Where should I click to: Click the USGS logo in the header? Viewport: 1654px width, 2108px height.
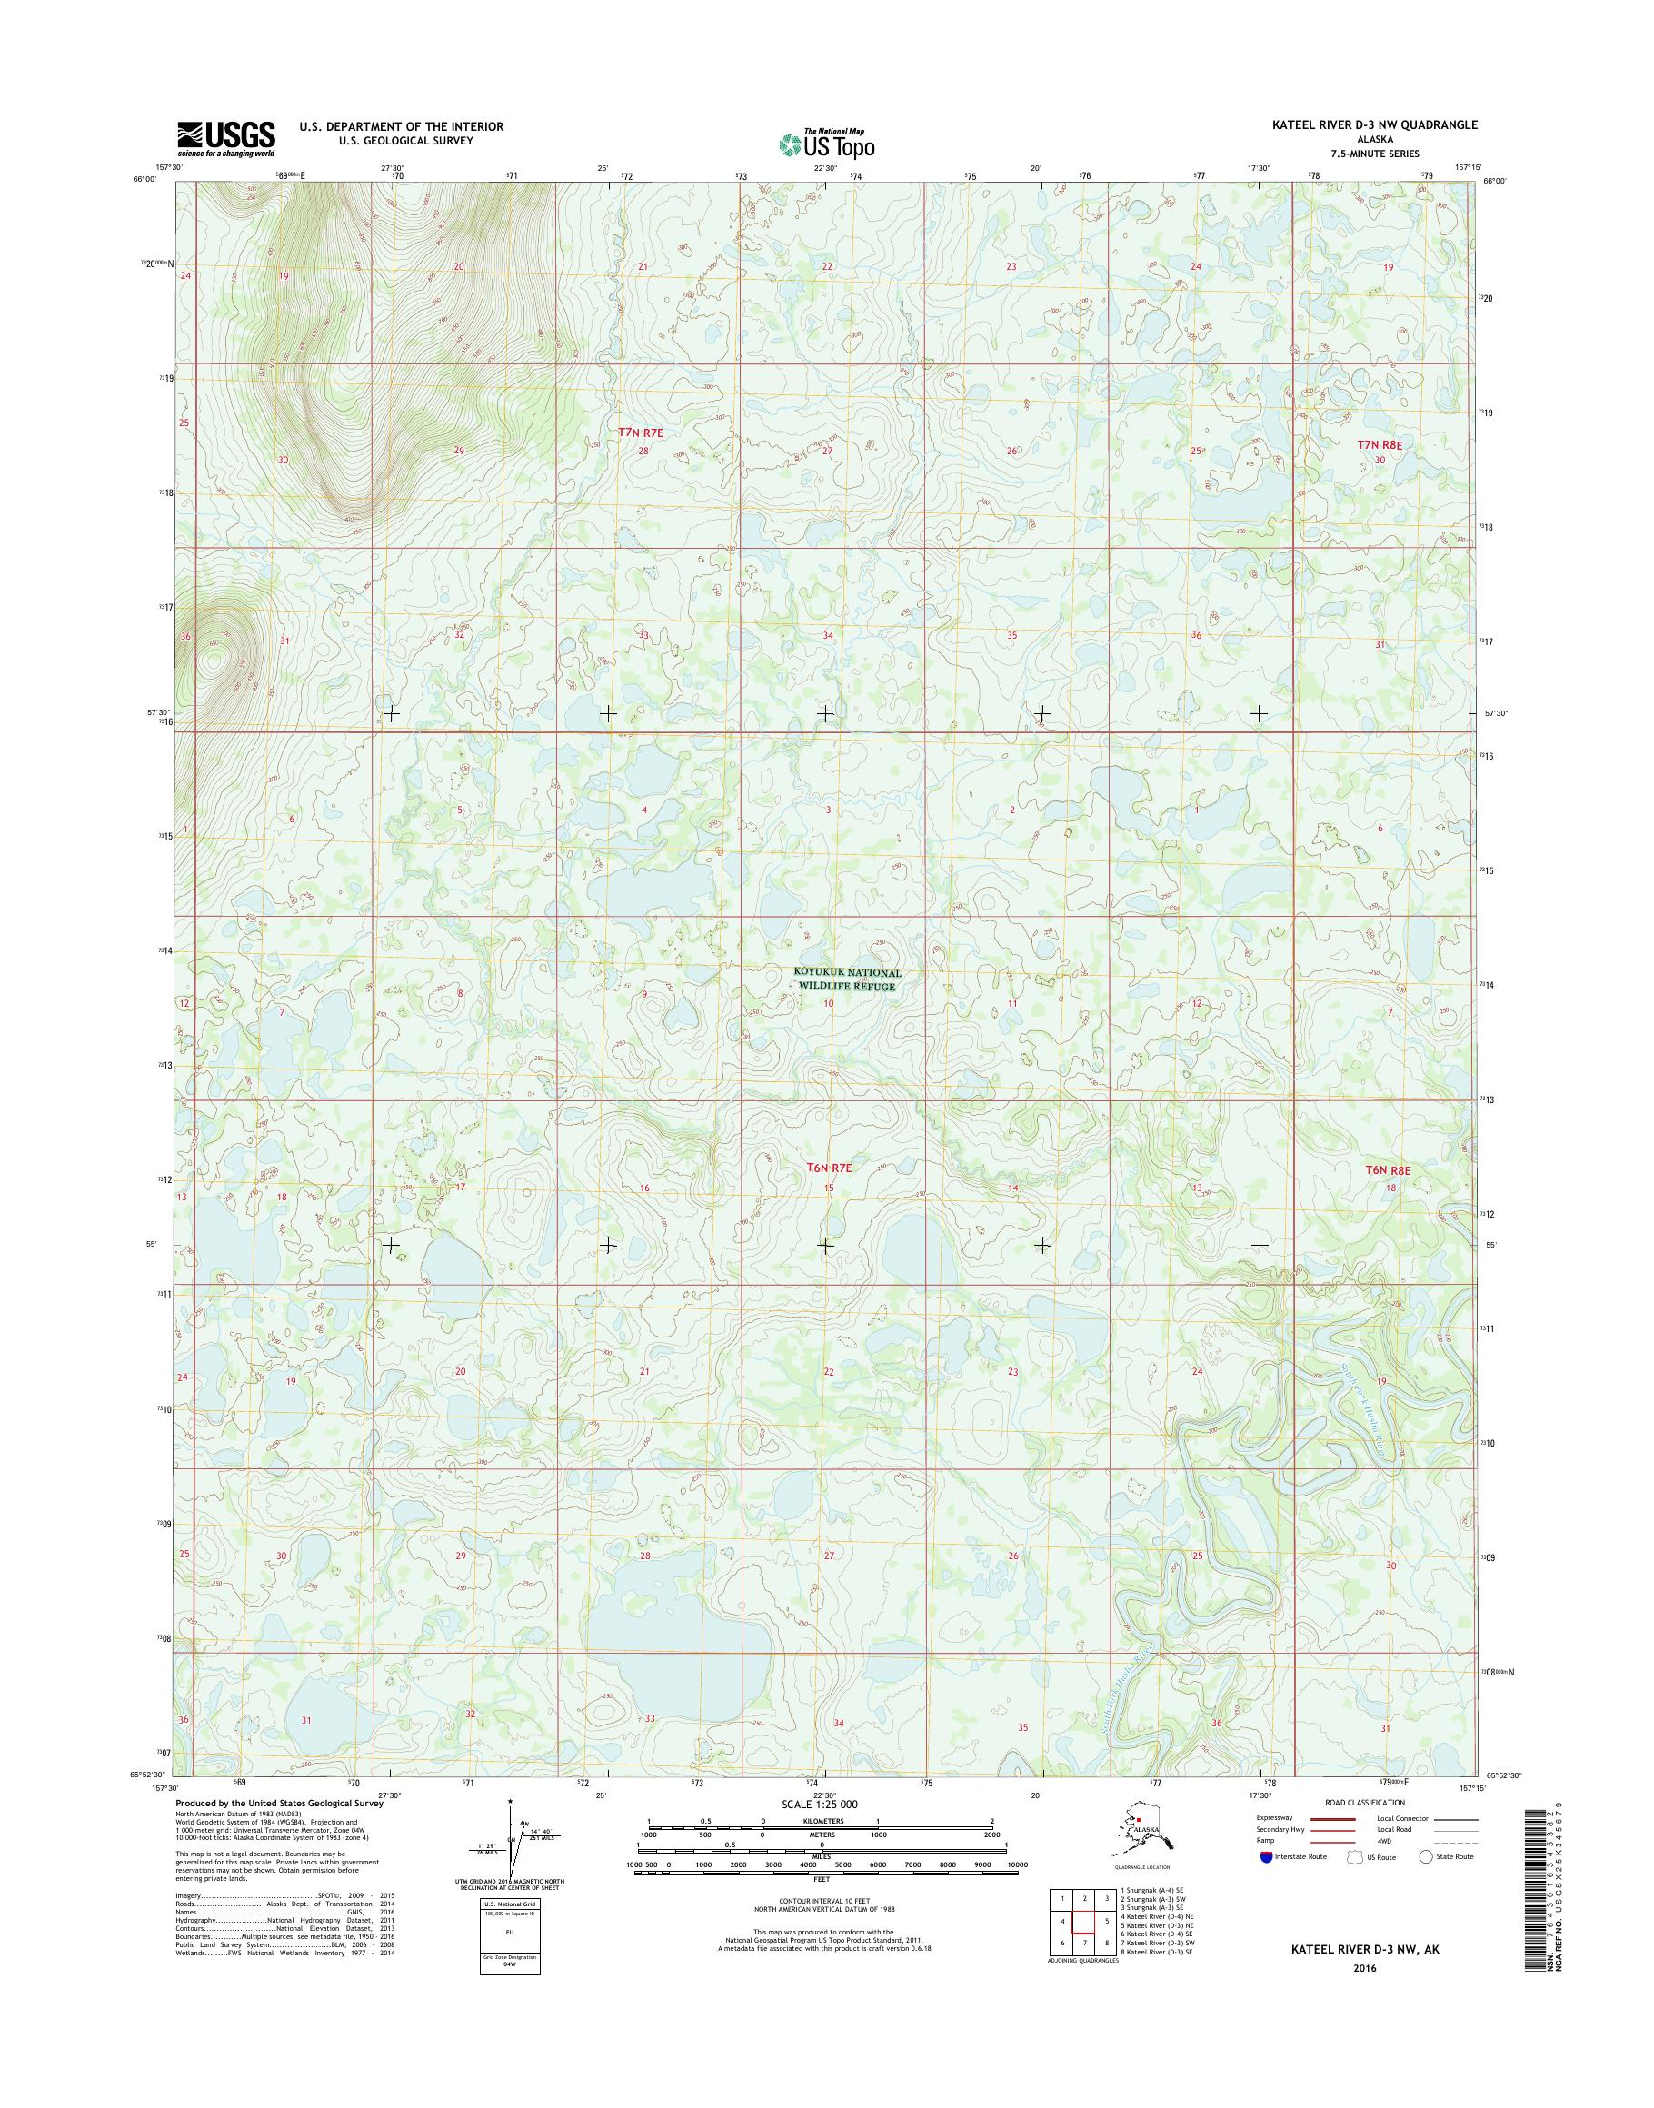(x=225, y=139)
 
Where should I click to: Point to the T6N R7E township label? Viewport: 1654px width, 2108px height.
(x=830, y=1168)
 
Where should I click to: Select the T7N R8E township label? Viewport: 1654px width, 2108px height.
(x=1379, y=444)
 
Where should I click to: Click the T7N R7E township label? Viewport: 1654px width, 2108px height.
(x=641, y=433)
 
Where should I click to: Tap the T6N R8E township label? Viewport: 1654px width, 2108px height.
(x=1388, y=1169)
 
